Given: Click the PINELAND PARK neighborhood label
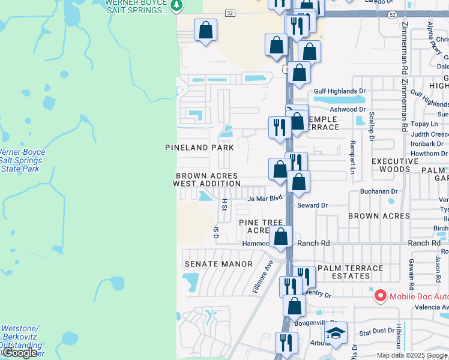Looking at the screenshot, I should click(200, 147).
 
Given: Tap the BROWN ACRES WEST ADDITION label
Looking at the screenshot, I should click(207, 179).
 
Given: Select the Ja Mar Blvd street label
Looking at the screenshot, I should click(264, 197).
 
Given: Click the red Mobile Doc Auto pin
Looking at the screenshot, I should click(380, 296).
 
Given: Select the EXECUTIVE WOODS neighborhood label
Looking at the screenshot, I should click(394, 166).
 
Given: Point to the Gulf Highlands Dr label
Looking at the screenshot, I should click(339, 91).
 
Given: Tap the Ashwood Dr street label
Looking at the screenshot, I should click(347, 109).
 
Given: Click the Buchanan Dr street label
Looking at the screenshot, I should click(378, 191).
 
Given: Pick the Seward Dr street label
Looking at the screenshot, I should click(312, 205).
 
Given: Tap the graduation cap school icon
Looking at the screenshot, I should click(336, 332).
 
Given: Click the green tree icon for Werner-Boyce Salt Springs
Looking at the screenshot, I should click(175, 6).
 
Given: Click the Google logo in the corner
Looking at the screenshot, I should click(20, 353).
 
